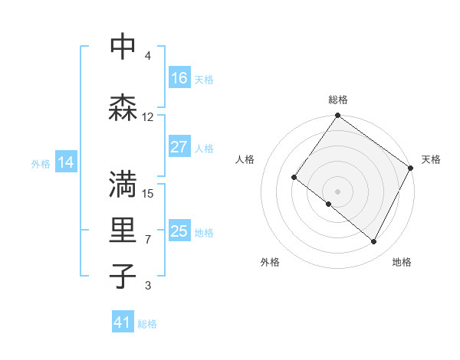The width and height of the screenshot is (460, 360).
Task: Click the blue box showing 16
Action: coord(179,78)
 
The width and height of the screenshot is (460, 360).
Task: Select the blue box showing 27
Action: coord(179,147)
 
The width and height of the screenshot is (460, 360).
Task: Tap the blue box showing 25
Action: coord(179,231)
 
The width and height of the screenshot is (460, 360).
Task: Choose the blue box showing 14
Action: coord(66,162)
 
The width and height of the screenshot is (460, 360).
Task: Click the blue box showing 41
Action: coord(123,323)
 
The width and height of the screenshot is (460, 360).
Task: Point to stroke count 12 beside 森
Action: coord(148,117)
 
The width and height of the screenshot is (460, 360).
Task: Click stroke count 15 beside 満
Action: coord(148,193)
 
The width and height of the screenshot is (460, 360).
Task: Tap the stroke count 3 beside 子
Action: coord(148,286)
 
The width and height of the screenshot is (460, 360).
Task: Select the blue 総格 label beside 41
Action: coord(147,324)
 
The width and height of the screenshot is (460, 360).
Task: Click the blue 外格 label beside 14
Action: coord(41,163)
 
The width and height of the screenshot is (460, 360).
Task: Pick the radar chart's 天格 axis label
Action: coord(432,159)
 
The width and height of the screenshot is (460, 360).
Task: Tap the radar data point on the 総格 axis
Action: coord(337,116)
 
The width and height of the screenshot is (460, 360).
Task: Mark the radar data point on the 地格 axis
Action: coord(374,242)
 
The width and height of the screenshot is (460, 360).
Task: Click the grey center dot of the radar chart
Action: coord(337,191)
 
